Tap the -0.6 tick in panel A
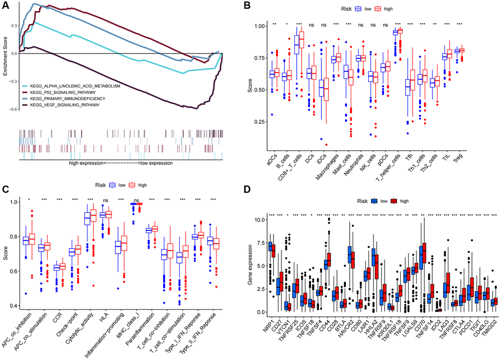[x=13, y=109]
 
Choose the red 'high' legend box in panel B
[x=378, y=9]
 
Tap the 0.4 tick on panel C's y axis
[x=17, y=306]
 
